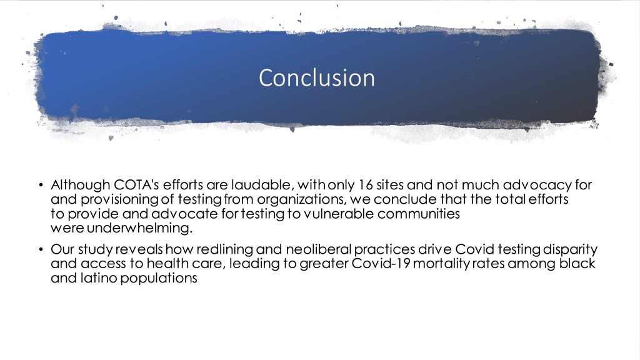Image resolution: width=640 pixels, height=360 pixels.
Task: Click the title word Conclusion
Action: [x=317, y=78]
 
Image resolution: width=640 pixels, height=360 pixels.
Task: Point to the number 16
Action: [x=366, y=185]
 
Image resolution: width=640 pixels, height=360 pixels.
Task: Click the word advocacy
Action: [x=537, y=185]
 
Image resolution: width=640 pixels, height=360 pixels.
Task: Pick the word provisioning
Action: [x=119, y=199]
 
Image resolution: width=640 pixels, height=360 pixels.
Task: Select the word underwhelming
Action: [x=139, y=228]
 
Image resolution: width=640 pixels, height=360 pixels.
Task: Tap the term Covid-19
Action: [x=381, y=264]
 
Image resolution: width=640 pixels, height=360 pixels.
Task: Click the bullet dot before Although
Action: [x=41, y=185]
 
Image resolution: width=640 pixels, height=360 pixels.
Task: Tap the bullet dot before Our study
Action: [x=41, y=249]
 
